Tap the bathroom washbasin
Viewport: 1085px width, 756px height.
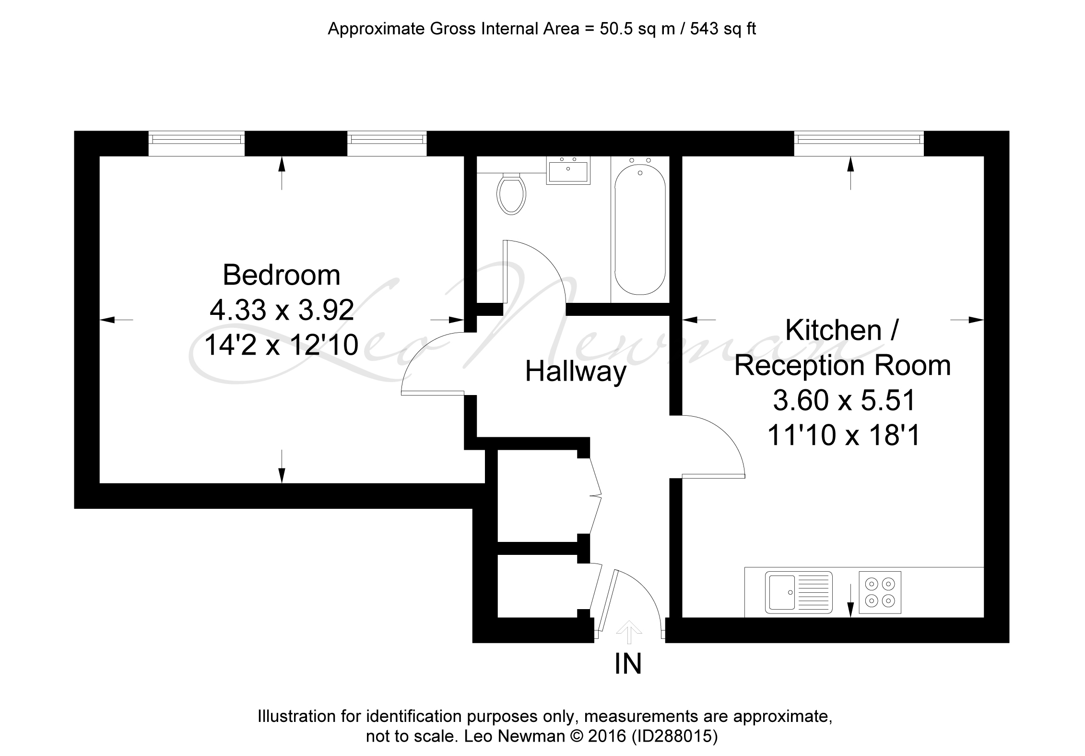[568, 170]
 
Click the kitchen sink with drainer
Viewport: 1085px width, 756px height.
[799, 592]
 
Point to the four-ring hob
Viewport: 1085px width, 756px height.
[880, 592]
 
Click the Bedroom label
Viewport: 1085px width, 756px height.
[282, 275]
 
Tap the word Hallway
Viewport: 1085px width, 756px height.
[576, 372]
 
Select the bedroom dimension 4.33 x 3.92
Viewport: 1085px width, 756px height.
[282, 310]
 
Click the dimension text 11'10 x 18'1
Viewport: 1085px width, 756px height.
[844, 436]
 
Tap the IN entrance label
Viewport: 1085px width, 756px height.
[628, 664]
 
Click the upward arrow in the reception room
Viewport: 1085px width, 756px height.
[851, 173]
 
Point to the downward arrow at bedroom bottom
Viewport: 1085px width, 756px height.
[282, 466]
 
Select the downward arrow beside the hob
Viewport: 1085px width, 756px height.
[850, 600]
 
